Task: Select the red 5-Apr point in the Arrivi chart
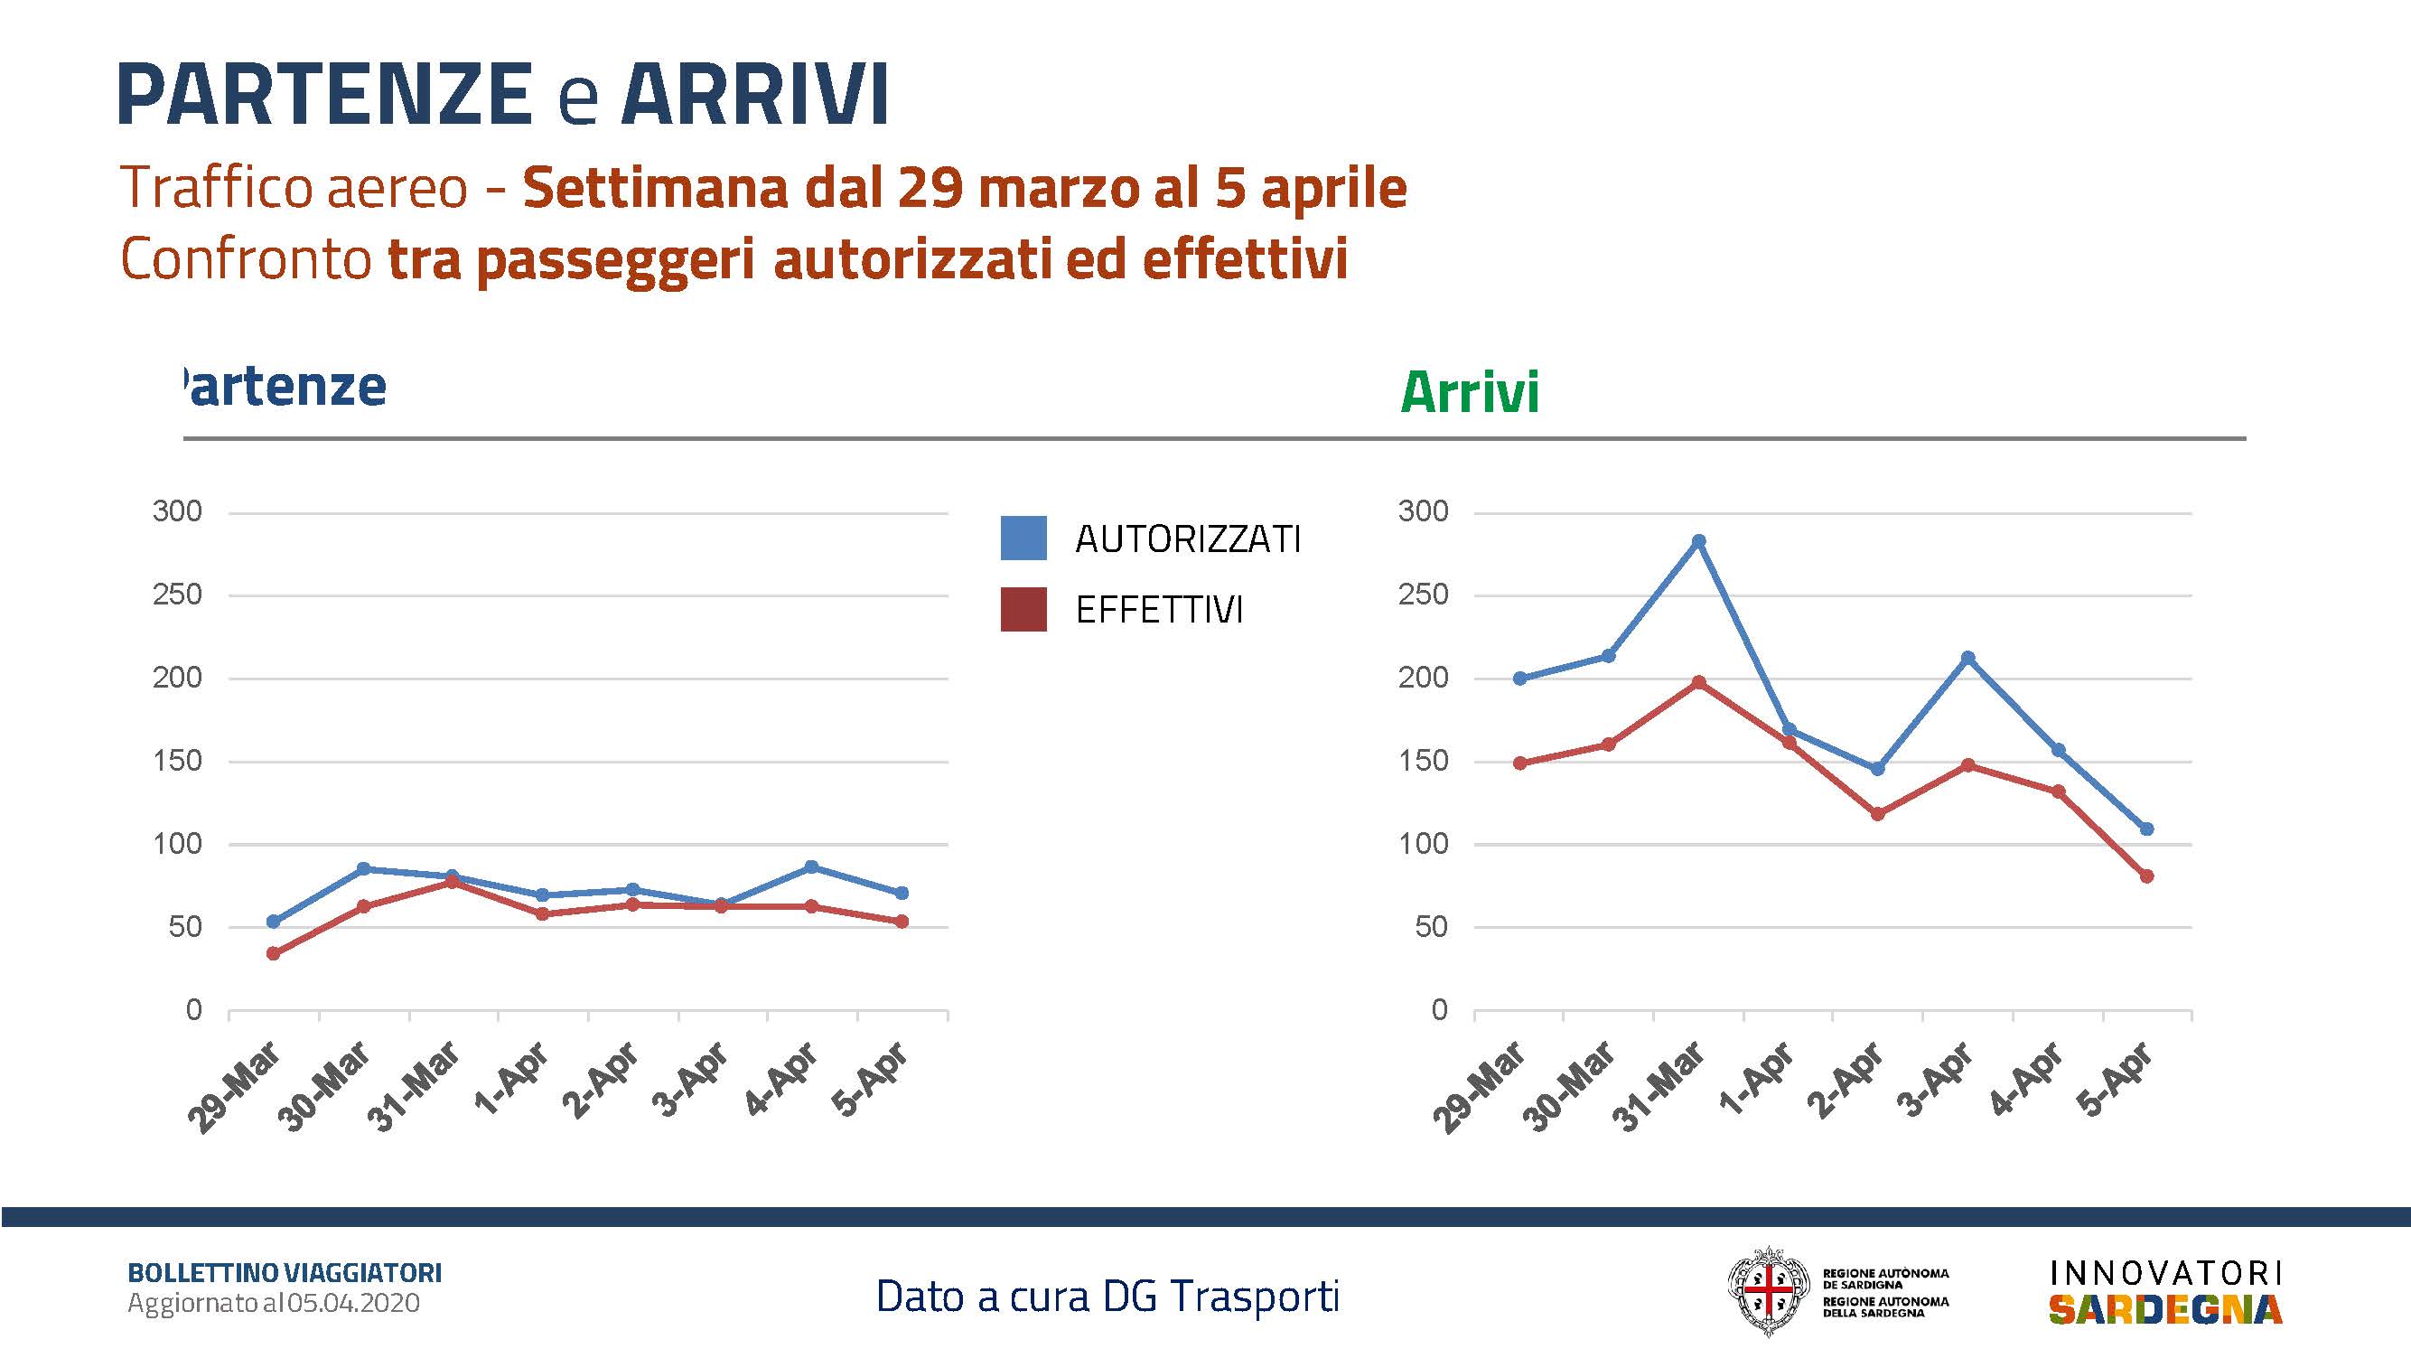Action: tap(2147, 876)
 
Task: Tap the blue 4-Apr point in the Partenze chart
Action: tap(811, 866)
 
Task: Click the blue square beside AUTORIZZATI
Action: tap(1023, 539)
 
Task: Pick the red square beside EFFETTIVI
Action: tap(1023, 609)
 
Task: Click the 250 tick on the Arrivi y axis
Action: tap(1423, 595)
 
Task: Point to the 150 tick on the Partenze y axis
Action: tap(177, 761)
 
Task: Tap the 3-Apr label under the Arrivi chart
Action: tap(1936, 1079)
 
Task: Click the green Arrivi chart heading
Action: tap(1470, 392)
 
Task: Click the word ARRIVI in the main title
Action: tap(754, 94)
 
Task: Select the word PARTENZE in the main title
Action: tap(325, 94)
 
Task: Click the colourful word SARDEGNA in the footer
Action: tap(2166, 1309)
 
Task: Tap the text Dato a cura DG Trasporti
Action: tap(1108, 1297)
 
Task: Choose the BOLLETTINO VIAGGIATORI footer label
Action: tap(285, 1273)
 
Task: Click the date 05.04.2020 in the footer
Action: tap(354, 1303)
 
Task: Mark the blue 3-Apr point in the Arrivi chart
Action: tap(1967, 658)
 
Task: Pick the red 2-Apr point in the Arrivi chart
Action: tap(1877, 814)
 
